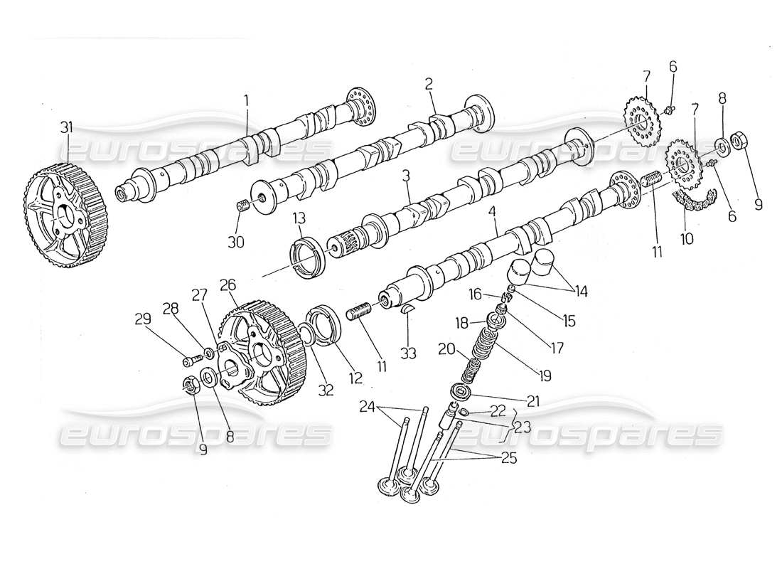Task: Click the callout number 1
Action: pos(246,100)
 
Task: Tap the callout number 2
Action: pos(429,85)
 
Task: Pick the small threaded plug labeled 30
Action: pos(242,207)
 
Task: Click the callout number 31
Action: pos(67,128)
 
